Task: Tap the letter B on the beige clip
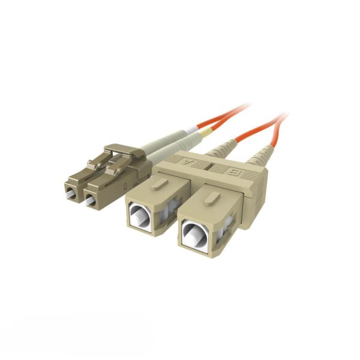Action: [236, 172]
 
